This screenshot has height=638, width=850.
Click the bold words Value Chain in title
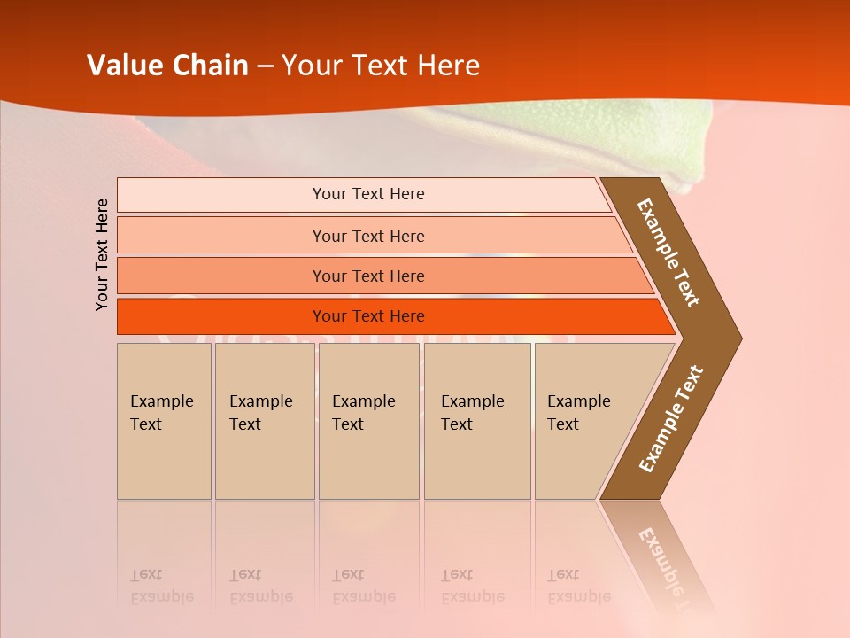click(167, 66)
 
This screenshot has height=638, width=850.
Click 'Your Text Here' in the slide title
click(381, 66)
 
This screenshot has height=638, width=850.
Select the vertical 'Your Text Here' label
click(102, 254)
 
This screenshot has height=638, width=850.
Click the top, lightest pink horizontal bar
click(221, 195)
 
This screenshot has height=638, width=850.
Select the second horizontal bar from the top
click(221, 236)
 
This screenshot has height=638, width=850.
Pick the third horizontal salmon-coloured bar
click(221, 276)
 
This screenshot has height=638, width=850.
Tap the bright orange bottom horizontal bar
click(221, 316)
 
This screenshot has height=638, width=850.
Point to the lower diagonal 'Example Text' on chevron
click(671, 418)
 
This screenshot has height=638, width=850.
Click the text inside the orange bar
click(368, 316)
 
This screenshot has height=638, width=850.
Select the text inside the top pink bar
click(368, 194)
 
